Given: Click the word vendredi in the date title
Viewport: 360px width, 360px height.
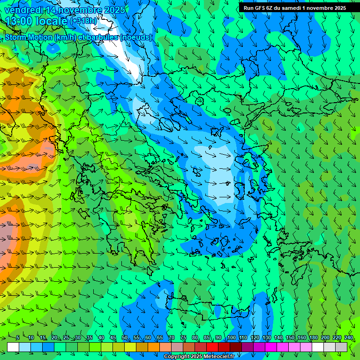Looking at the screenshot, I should click(x=23, y=10).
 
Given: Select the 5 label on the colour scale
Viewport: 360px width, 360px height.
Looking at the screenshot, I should click(x=18, y=337).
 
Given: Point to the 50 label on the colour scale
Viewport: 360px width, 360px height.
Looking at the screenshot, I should click(x=125, y=337).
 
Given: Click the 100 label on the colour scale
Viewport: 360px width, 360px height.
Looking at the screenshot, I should click(x=231, y=337).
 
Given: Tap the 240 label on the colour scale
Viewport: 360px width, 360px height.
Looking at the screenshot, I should click(x=349, y=337).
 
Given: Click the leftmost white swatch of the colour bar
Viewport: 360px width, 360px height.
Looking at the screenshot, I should click(x=13, y=347).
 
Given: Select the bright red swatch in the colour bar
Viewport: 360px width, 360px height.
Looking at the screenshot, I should click(x=212, y=347).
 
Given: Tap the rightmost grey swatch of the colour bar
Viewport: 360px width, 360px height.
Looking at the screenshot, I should click(x=341, y=347).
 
